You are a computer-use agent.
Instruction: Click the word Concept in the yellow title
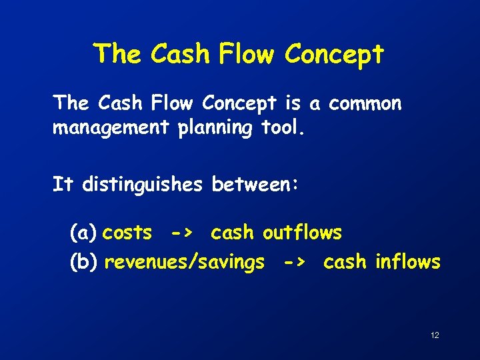pyautogui.click(x=334, y=54)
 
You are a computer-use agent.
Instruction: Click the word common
pyautogui.click(x=365, y=104)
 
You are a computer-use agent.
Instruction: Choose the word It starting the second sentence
pyautogui.click(x=63, y=185)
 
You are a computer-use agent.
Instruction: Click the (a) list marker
pyautogui.click(x=84, y=233)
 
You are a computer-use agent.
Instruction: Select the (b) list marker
pyautogui.click(x=85, y=263)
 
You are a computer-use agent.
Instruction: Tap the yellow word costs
pyautogui.click(x=127, y=233)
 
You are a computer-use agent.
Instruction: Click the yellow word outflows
pyautogui.click(x=302, y=233)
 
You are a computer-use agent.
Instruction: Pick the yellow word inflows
pyautogui.click(x=407, y=263)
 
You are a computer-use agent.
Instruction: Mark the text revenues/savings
pyautogui.click(x=185, y=263)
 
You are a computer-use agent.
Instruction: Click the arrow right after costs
pyautogui.click(x=182, y=233)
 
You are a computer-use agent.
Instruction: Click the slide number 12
pyautogui.click(x=435, y=335)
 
